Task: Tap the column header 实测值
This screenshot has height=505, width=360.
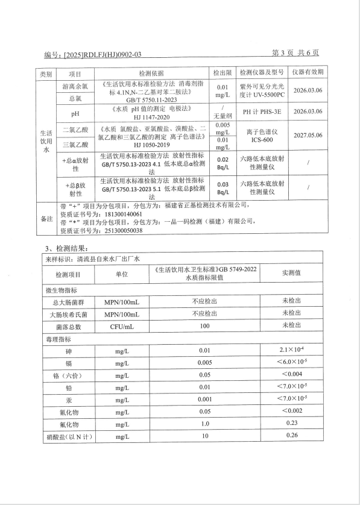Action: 292,273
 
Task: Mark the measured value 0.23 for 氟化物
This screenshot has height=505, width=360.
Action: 292,422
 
